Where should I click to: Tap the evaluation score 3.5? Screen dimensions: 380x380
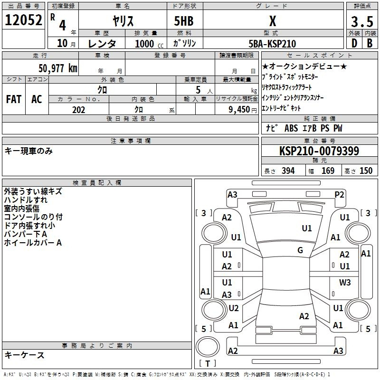coord(361,21)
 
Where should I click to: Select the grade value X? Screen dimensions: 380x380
coord(272,21)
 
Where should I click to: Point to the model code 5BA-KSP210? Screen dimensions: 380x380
coord(272,44)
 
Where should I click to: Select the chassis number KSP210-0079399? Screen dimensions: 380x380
coord(319,151)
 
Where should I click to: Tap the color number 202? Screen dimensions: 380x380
coord(78,110)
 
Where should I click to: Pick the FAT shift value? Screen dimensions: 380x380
coord(14,99)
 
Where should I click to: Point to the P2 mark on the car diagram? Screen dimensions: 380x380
coord(339,194)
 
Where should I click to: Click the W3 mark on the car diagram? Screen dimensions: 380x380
coord(345,283)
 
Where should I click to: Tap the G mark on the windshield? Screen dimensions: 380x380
coord(300,250)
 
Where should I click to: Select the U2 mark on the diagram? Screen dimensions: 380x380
coord(233,308)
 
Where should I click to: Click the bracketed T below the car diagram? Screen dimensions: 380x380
coord(208,364)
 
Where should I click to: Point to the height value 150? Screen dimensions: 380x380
coord(366,171)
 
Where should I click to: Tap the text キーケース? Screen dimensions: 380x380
coord(25,355)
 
